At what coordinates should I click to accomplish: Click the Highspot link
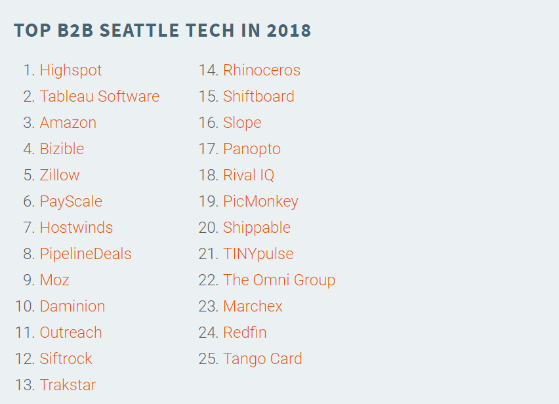pos(71,71)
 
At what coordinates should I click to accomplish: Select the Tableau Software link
pos(100,96)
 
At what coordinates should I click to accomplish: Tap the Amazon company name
pos(68,123)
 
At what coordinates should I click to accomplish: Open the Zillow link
pos(60,175)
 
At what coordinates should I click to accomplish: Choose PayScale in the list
pos(71,201)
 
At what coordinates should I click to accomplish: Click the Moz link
pos(54,280)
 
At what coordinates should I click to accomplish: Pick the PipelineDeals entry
pos(85,254)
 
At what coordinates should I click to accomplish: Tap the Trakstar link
pos(68,385)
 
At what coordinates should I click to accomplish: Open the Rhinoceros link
pos(262,70)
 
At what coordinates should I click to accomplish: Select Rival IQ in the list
pos(249,175)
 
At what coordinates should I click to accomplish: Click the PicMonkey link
pos(260,201)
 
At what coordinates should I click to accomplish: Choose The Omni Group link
pos(279,281)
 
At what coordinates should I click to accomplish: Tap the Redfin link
pos(245,333)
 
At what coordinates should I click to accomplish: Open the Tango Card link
pos(262,359)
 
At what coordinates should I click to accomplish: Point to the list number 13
pos(25,385)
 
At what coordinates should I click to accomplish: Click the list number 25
pos(208,359)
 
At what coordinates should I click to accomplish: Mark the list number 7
pos(30,228)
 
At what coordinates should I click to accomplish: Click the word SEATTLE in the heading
pos(139,30)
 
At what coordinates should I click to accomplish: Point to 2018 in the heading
pos(289,30)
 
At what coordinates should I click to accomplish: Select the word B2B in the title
pos(75,30)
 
